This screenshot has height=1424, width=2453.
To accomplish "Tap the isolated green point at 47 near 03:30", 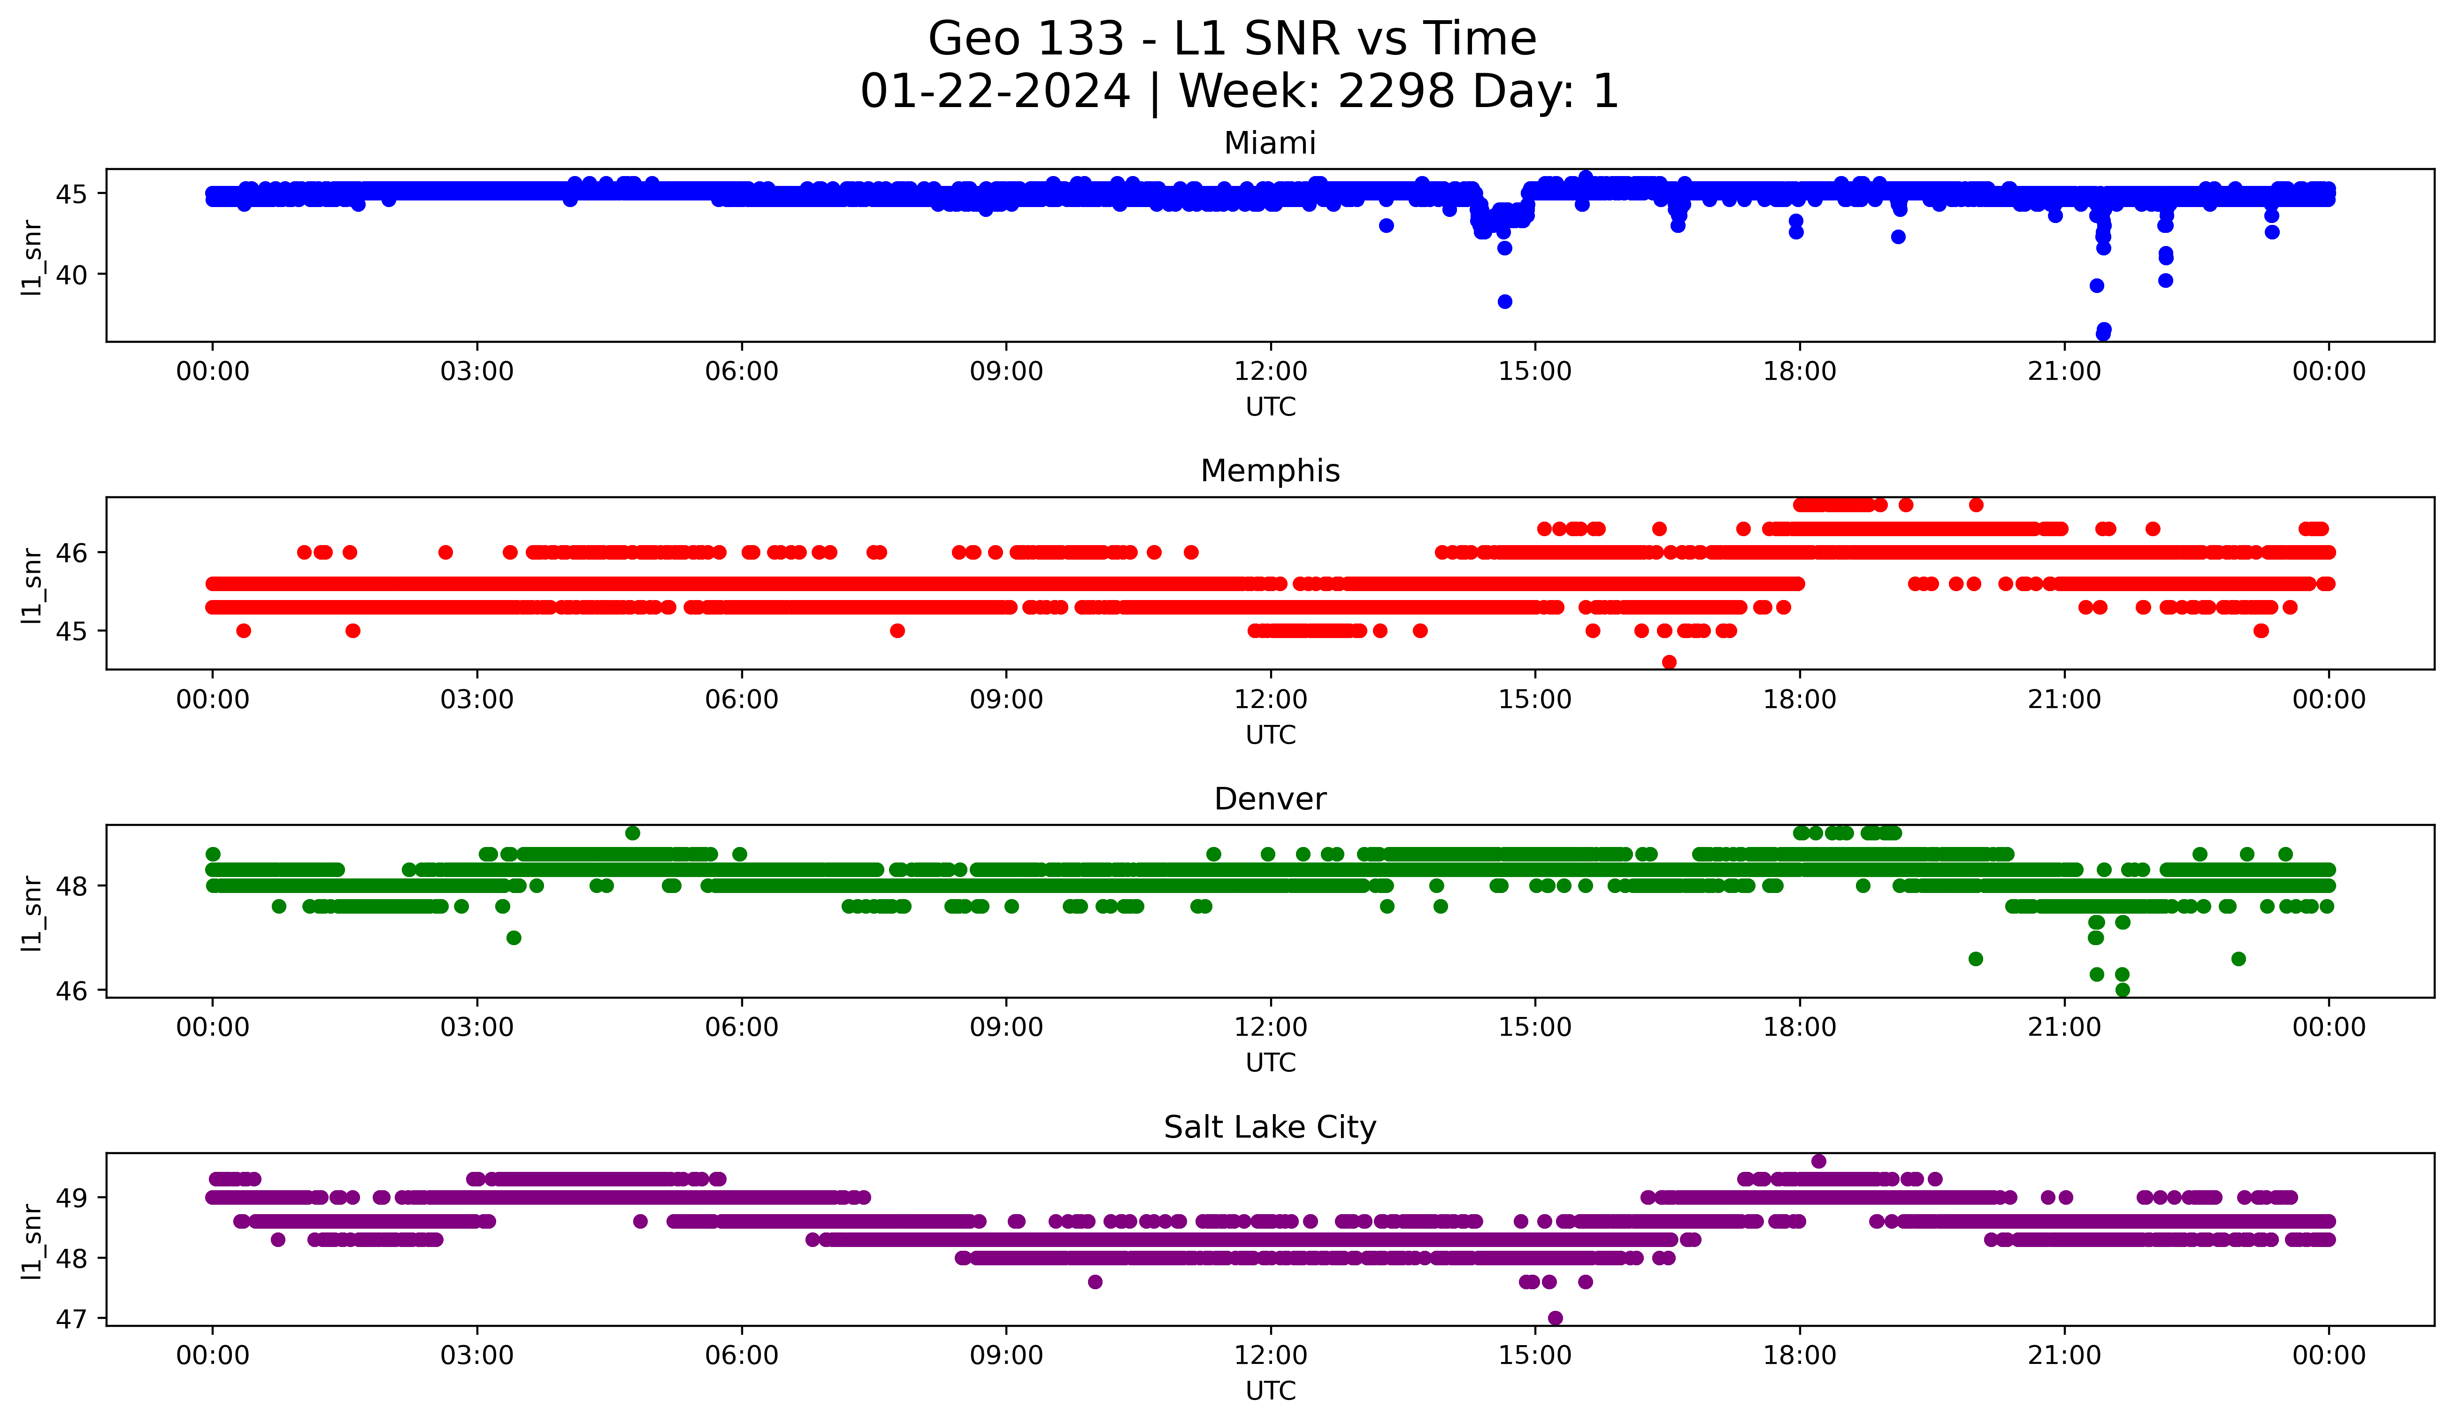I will coord(514,937).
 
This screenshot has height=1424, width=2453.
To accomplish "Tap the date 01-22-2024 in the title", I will coord(995,92).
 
